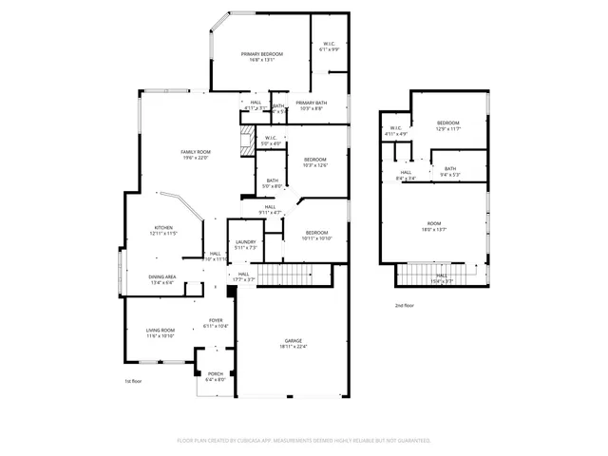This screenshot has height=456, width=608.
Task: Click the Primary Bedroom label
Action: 262,55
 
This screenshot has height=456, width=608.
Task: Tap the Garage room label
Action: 293,340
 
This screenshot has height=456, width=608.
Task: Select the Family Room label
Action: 196,153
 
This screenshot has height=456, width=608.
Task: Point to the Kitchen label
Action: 163,227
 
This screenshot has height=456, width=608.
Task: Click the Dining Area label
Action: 161,277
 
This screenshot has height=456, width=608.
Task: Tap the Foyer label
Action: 216,321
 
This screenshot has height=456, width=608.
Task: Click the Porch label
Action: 216,373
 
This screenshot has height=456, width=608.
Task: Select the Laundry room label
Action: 246,242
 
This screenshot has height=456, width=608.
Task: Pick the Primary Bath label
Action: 310,103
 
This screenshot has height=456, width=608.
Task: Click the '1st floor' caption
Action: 133,381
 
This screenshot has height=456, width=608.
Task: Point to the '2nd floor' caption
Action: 405,305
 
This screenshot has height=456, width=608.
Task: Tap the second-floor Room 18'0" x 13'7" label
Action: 434,223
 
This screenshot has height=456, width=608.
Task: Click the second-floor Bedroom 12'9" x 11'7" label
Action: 448,123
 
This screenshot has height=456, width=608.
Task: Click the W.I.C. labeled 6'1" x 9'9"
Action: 331,45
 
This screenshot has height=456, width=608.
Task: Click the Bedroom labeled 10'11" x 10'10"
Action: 317,234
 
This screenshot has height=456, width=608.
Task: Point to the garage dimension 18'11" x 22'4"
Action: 293,346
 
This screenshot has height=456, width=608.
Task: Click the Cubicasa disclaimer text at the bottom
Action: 304,441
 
